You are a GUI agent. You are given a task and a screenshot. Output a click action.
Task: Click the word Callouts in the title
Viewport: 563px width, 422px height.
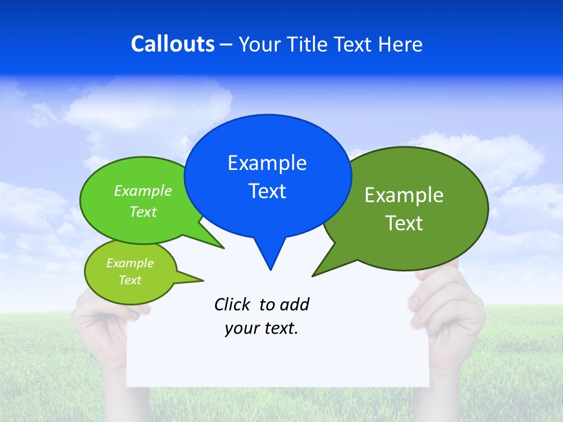(172, 44)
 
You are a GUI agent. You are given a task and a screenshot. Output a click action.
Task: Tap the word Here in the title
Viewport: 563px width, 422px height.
(401, 44)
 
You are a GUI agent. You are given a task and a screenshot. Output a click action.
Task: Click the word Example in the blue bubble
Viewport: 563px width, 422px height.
(267, 163)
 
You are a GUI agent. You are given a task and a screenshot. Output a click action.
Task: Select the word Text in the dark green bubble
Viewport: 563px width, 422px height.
(404, 223)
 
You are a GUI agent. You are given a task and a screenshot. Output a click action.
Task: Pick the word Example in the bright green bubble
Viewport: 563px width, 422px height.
(143, 191)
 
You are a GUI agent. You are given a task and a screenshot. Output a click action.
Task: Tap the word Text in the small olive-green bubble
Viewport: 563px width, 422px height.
(130, 280)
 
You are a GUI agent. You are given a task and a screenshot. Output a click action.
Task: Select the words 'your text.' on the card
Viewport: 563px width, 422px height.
(261, 329)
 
